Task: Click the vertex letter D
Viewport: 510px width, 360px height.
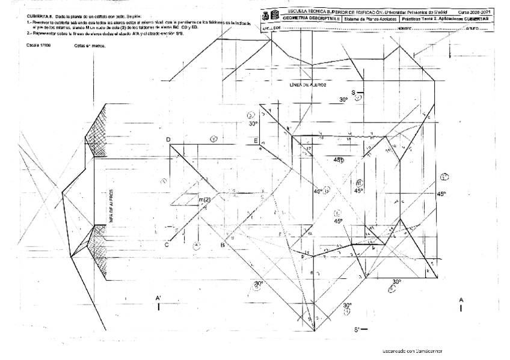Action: [x=168, y=140]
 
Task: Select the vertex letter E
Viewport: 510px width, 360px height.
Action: [x=256, y=141]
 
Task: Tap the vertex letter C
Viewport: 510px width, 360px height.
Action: [x=167, y=245]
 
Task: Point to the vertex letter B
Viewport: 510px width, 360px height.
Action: [x=222, y=245]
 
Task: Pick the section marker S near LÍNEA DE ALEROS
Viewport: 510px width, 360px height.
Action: [x=354, y=93]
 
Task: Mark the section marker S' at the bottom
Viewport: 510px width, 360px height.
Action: [x=357, y=329]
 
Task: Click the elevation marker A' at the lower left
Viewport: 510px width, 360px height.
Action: [x=158, y=298]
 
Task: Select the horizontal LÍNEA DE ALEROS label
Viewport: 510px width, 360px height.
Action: [x=309, y=85]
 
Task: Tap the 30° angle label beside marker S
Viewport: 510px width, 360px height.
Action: [x=343, y=99]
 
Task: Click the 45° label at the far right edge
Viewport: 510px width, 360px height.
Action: [x=442, y=194]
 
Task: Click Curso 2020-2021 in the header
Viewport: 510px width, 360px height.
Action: [x=475, y=11]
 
